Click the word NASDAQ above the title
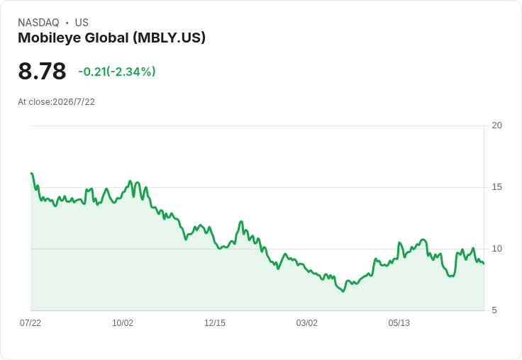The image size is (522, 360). click(x=38, y=23)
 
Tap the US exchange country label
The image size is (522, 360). click(x=82, y=23)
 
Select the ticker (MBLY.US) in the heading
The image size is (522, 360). click(x=169, y=38)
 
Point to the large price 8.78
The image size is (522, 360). click(x=42, y=71)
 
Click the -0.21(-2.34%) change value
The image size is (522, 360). click(x=117, y=72)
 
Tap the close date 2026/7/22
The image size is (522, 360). click(x=74, y=102)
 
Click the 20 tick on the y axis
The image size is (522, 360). click(x=496, y=125)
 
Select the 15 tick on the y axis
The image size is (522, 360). click(x=496, y=187)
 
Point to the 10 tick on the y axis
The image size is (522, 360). click(x=496, y=249)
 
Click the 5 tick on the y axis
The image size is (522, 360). click(x=494, y=310)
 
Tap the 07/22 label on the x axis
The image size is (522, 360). click(x=30, y=323)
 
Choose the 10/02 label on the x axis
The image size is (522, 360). click(x=123, y=323)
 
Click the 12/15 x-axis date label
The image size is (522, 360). click(x=215, y=323)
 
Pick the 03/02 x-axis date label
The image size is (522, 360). click(x=307, y=323)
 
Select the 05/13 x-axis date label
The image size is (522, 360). click(x=399, y=323)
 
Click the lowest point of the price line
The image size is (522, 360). click(x=343, y=291)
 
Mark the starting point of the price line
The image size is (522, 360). click(x=31, y=174)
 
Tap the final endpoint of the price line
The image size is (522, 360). click(x=484, y=264)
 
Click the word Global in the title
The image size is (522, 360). click(x=107, y=38)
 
